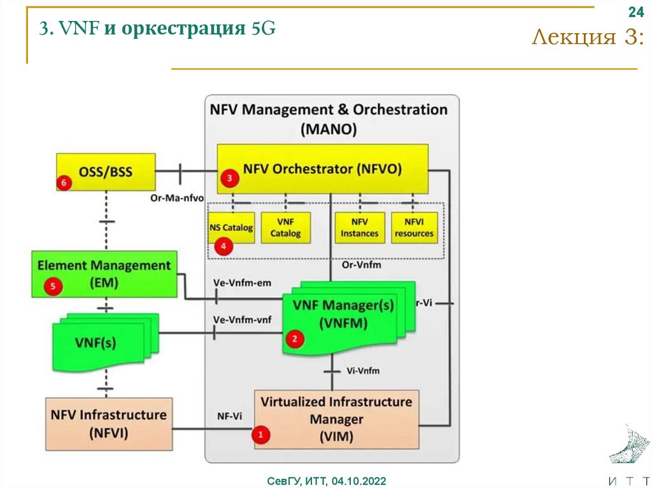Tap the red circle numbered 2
click(294, 339)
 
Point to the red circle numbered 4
click(222, 247)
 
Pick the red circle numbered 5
click(53, 287)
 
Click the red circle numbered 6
click(64, 182)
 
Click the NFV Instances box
click(359, 228)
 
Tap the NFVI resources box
click(413, 228)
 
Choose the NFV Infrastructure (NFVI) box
click(109, 423)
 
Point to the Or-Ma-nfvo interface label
click(176, 198)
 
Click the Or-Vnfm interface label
click(362, 265)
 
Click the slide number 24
click(635, 13)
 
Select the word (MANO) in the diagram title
click(329, 129)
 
